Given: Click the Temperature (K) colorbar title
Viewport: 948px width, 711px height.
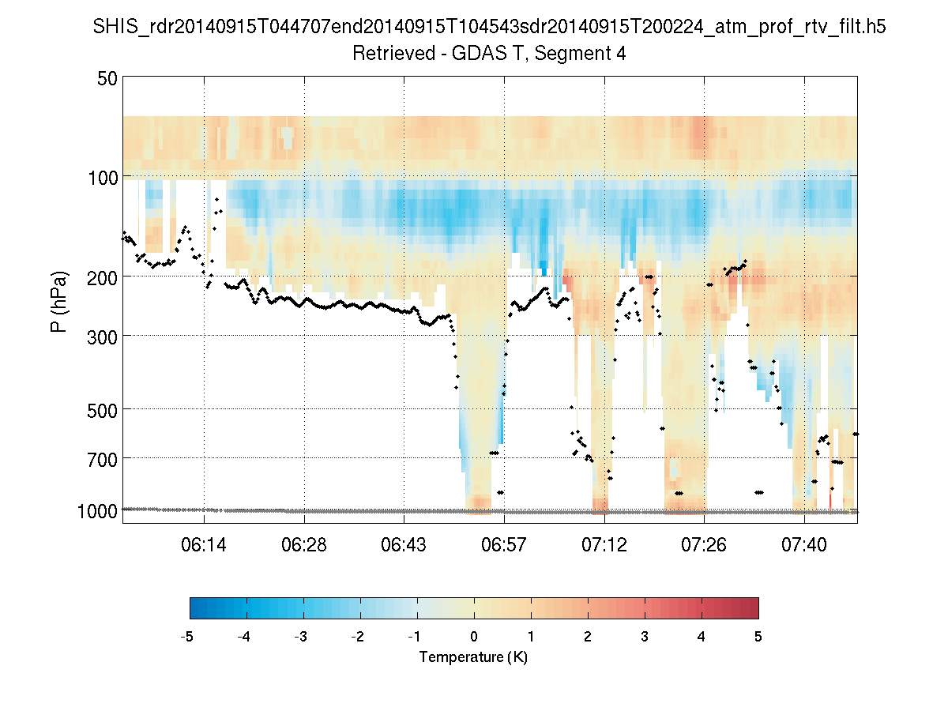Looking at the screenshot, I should click(473, 657).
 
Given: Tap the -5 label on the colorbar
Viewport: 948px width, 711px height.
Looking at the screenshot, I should click(187, 637).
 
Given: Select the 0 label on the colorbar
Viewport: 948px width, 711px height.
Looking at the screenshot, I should click(474, 637).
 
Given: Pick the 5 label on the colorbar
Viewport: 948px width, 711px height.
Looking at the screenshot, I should click(758, 637).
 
